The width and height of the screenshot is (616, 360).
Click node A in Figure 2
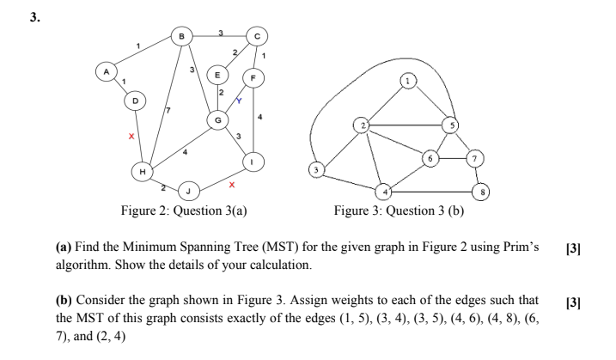107,73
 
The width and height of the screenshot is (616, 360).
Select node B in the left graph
182,35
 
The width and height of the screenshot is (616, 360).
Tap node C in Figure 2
256,35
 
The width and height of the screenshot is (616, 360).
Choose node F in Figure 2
254,76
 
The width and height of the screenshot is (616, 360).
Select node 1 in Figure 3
408,83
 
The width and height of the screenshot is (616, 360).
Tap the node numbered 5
449,125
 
